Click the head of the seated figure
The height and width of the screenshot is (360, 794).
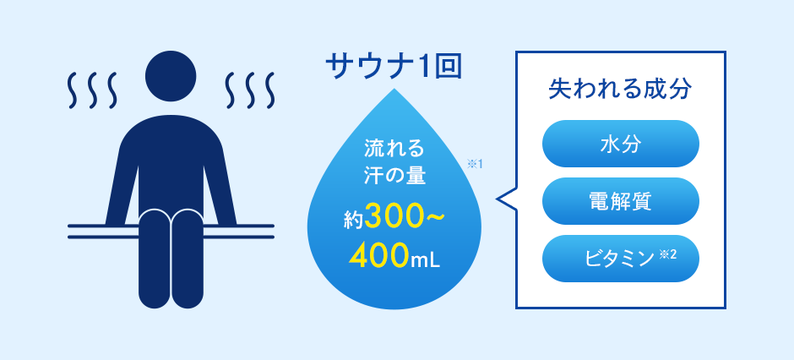tap(171, 76)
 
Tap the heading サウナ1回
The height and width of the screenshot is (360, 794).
tap(394, 66)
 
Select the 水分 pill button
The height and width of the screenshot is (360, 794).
tap(620, 144)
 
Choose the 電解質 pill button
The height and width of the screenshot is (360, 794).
tap(620, 201)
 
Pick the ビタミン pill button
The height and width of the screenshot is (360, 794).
tap(620, 259)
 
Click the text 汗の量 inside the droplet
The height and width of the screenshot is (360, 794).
tap(394, 176)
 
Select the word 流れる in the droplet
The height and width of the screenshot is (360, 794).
tap(394, 150)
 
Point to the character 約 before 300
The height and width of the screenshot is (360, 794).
tap(353, 221)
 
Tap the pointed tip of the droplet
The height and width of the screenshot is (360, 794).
tap(394, 90)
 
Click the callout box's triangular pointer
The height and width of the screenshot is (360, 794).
tap(505, 199)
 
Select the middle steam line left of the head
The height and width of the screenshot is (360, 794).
tap(91, 90)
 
